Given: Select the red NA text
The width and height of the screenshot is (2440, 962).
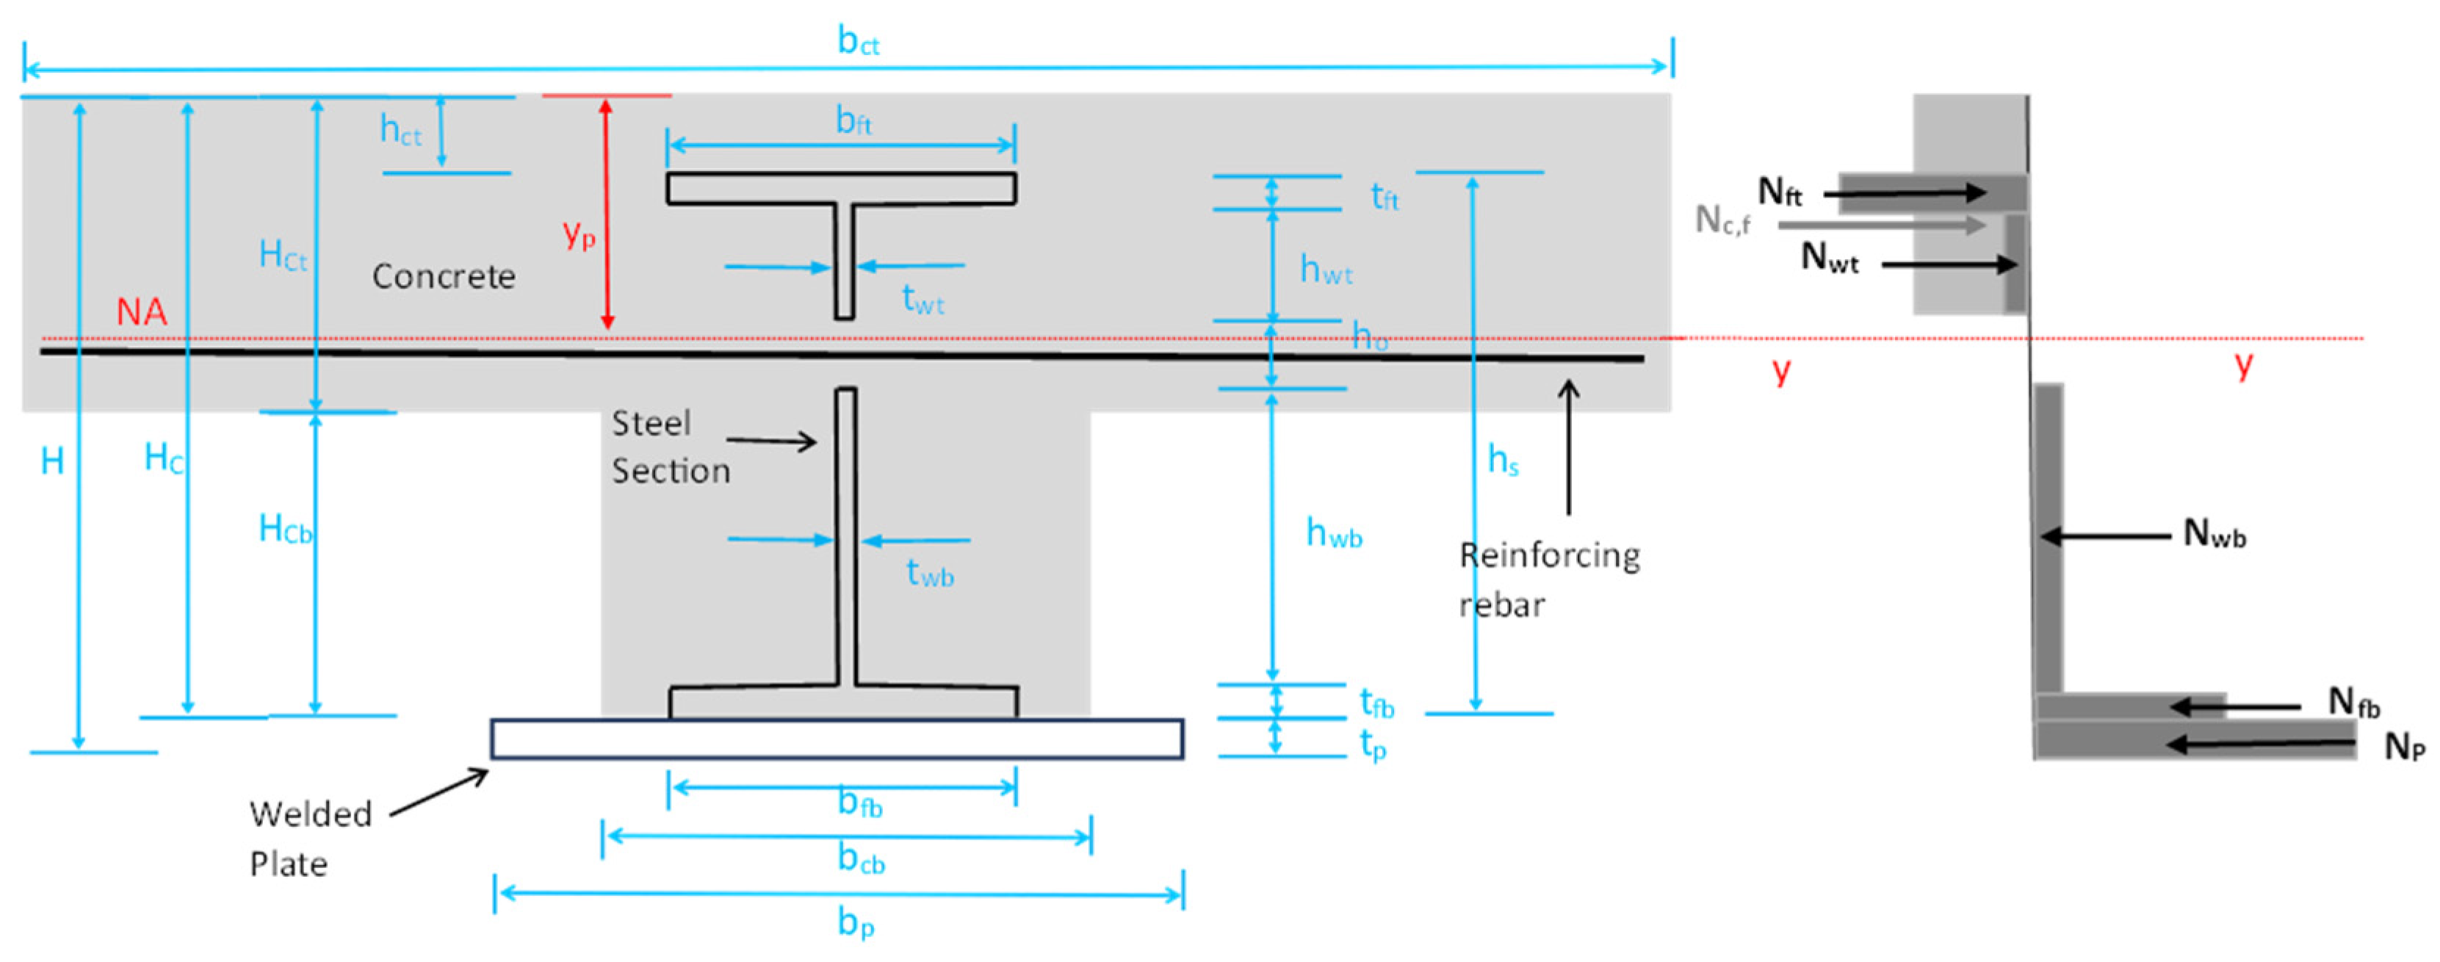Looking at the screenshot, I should tap(141, 311).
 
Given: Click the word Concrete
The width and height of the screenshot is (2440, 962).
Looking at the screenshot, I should tap(444, 276).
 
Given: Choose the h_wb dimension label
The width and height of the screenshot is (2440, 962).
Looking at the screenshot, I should tap(1334, 534).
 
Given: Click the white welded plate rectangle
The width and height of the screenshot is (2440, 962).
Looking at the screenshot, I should tap(837, 739).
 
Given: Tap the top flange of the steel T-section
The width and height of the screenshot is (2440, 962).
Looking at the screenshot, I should tap(841, 189).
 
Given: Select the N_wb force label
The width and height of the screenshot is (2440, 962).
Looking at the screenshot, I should tap(2215, 534).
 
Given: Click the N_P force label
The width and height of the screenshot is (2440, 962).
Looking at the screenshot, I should tap(2404, 747).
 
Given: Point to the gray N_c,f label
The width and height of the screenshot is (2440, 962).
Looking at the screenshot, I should tap(1722, 220).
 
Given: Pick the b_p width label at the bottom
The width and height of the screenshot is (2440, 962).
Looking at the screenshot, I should tap(856, 922).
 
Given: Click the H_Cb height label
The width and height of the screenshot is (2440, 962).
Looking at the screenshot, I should tap(284, 529).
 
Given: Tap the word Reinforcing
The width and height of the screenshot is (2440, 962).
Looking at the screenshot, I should tap(1550, 556).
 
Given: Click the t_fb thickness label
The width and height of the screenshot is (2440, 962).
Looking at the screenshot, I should tap(1376, 704).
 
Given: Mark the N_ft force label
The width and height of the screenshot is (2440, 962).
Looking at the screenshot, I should tap(1780, 192).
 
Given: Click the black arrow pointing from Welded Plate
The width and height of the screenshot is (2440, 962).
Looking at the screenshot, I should tap(439, 792).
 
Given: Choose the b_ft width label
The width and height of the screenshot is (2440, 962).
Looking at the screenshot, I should tap(853, 121).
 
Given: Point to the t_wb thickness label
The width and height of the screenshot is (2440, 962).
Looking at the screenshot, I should tap(929, 574).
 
